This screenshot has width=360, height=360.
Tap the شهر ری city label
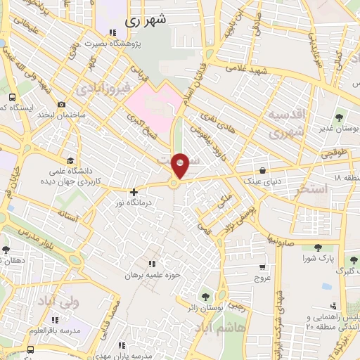click(x=147, y=21)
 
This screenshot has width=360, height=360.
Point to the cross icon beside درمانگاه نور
click(x=134, y=191)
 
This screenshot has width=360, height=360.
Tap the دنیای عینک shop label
click(x=262, y=181)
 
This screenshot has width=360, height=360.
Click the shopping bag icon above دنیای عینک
click(x=262, y=170)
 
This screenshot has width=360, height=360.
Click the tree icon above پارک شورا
click(x=318, y=247)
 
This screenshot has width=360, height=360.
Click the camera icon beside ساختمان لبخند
click(x=62, y=105)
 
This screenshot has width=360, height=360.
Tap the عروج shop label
click(x=262, y=278)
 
